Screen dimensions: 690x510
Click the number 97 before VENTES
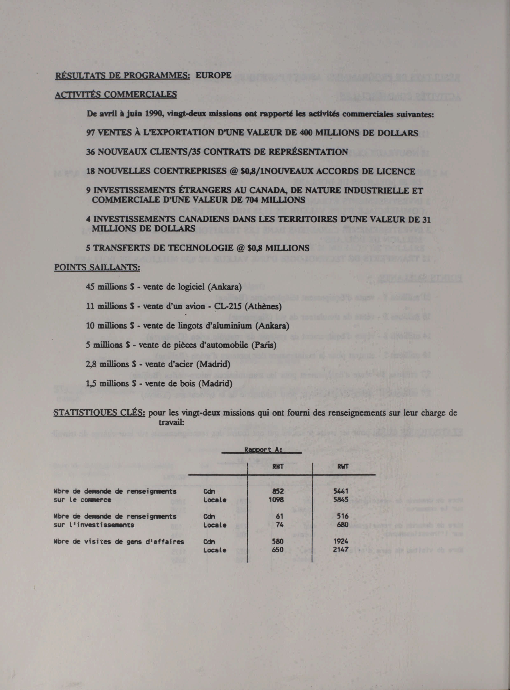tap(91, 133)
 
